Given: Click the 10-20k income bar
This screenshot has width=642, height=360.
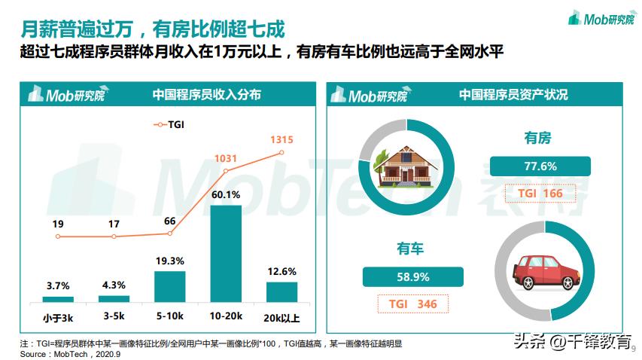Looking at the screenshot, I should click(225, 254).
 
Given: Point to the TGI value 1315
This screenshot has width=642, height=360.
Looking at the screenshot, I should click(281, 139).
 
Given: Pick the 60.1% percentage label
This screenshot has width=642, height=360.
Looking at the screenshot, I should click(226, 195).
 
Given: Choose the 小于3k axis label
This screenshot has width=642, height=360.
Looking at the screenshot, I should click(58, 319).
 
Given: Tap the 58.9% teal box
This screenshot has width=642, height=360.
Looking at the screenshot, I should click(412, 277).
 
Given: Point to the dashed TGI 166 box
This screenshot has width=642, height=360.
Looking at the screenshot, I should click(540, 194).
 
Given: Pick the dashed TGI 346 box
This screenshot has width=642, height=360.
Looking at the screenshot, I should click(412, 304).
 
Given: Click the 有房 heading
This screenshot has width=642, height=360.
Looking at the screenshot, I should click(537, 139).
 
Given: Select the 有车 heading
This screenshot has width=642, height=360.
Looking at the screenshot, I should click(412, 249).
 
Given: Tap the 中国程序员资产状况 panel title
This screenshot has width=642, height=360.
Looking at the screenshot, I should click(513, 95).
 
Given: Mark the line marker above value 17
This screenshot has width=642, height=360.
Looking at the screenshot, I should click(114, 236).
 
